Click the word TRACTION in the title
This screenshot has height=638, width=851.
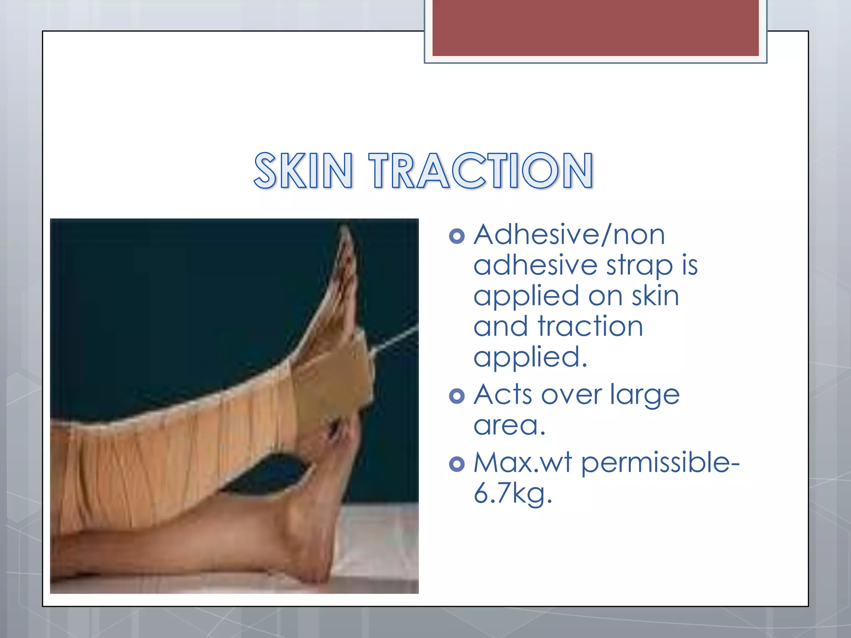481,171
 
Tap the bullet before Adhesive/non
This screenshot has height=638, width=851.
457,236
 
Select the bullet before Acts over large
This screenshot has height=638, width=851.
457,396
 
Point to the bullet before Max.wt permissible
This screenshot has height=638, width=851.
457,464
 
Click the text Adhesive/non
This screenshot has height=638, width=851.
569,235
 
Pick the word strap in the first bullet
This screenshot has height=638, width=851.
639,266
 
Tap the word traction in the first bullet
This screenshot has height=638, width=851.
590,326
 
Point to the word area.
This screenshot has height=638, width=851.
509,426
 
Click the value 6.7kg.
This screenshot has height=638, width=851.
512,494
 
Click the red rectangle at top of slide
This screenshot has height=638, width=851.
595,27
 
